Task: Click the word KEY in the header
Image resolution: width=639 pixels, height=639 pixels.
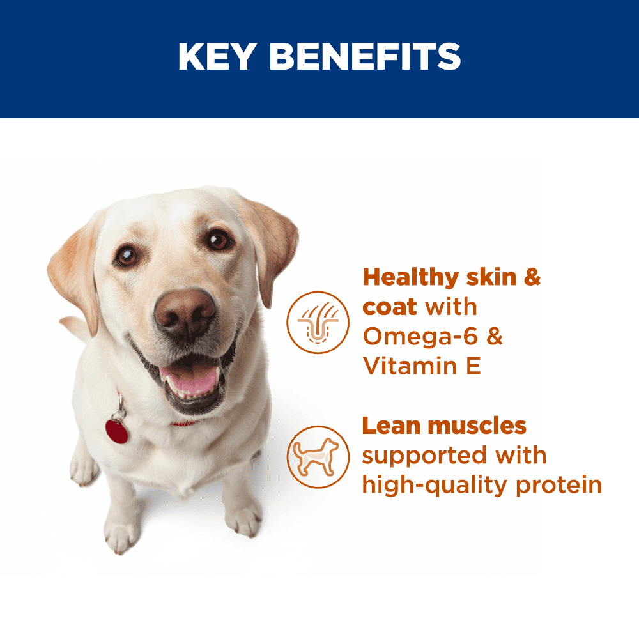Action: coord(218,56)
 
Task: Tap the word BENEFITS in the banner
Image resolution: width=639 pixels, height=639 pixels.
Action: coord(365,56)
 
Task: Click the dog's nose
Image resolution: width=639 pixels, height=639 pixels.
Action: coord(185,313)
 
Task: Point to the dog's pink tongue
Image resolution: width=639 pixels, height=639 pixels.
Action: coord(190,380)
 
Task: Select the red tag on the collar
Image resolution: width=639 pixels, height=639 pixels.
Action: coord(116,431)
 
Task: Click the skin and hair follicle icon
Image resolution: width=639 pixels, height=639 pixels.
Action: coord(318,322)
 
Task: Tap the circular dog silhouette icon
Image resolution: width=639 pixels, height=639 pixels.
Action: coord(318,457)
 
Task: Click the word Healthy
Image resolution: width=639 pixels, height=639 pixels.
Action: coord(411,278)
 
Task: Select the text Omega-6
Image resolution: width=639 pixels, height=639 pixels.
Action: coord(420,336)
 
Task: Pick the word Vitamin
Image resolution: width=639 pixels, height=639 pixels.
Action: coord(410,366)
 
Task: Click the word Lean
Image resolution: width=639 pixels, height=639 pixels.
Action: coord(391,426)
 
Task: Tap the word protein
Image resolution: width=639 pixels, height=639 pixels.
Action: coord(558,486)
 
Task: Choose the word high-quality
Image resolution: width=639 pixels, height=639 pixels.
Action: coord(435,486)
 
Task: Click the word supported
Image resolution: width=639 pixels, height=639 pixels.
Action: coord(424,456)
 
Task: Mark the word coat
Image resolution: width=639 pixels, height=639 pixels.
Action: coord(390,307)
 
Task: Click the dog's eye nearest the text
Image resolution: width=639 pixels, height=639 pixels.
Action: coord(219,240)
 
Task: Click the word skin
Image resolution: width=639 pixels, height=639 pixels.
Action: coord(491,277)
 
